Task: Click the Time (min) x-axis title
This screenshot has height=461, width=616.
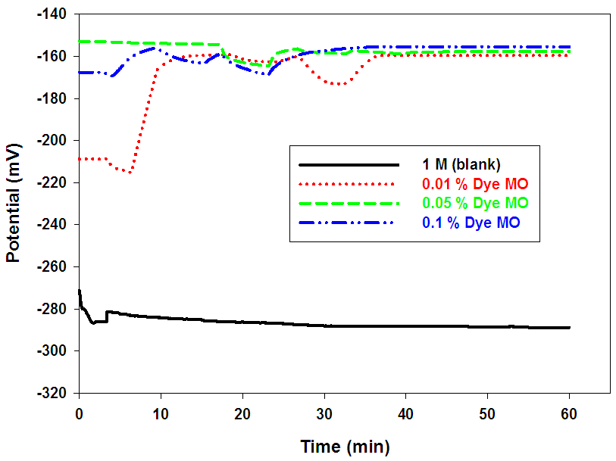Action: pyautogui.click(x=344, y=447)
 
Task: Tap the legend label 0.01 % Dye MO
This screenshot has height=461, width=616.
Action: pyautogui.click(x=475, y=184)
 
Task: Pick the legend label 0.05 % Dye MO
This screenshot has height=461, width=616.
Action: pyautogui.click(x=475, y=203)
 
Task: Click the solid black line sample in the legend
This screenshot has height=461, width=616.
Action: pyautogui.click(x=349, y=165)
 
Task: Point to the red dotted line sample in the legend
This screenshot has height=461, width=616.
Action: pyautogui.click(x=349, y=184)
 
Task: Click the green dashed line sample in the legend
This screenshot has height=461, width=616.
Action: pyautogui.click(x=349, y=203)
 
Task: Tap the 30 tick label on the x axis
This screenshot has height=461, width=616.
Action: pyautogui.click(x=324, y=410)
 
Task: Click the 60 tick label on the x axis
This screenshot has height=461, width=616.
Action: pyautogui.click(x=569, y=410)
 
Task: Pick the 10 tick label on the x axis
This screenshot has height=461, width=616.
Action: pyautogui.click(x=161, y=410)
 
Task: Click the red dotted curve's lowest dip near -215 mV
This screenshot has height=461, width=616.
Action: pyautogui.click(x=130, y=173)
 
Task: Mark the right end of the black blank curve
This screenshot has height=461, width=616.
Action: pyautogui.click(x=569, y=328)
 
